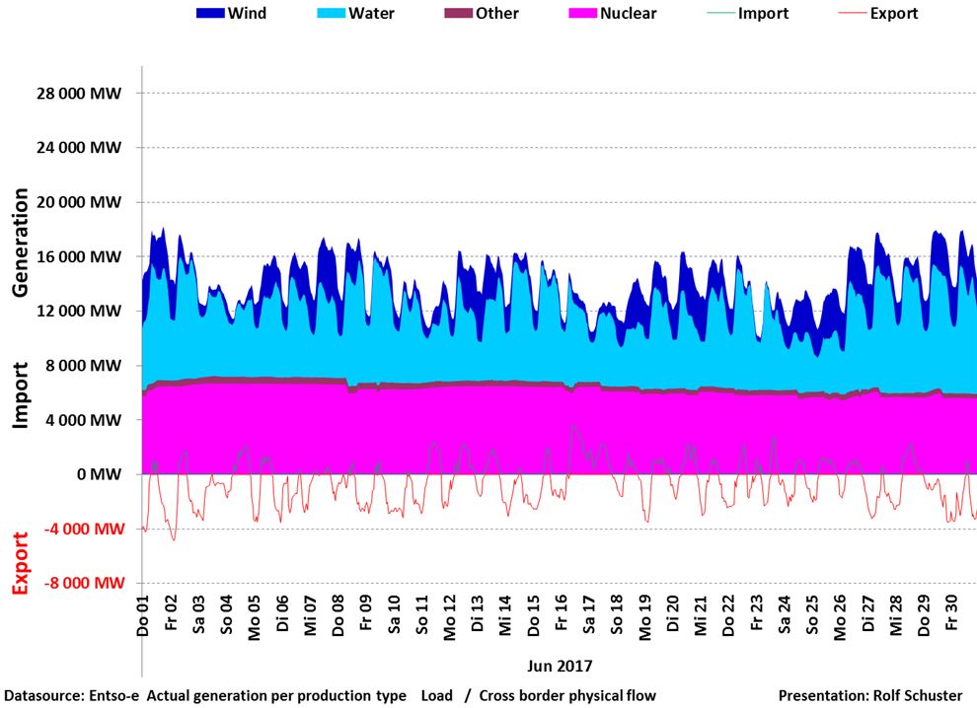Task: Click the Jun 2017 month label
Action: point(561,665)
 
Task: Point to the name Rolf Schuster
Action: point(917,696)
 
